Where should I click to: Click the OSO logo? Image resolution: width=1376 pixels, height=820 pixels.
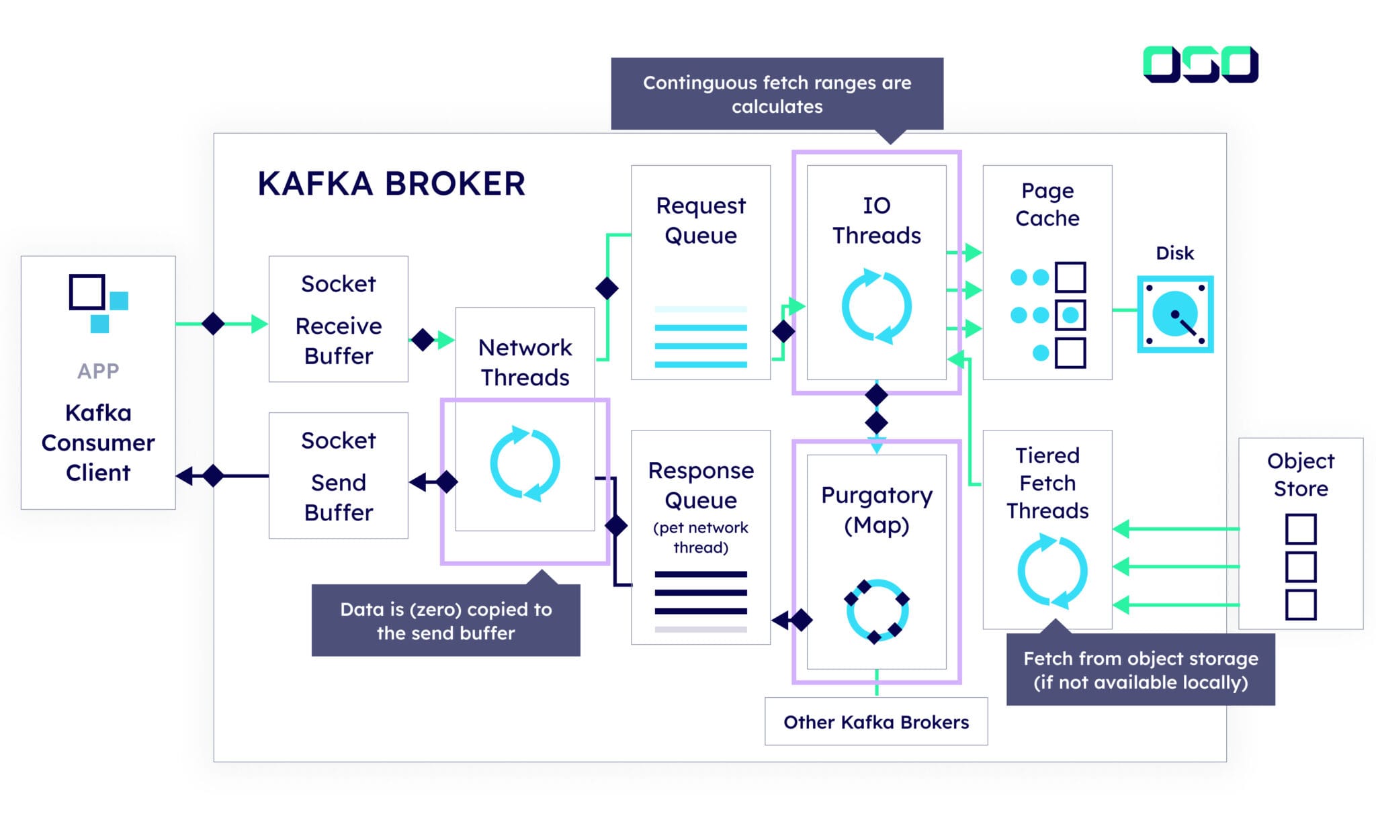click(1200, 64)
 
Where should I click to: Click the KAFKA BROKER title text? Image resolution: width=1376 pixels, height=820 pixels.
click(391, 184)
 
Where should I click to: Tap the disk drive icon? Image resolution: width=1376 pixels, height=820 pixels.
click(1174, 314)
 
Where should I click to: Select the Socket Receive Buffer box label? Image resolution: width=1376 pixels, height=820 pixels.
click(339, 320)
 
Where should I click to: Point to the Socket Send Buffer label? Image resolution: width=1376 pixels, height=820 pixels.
click(339, 476)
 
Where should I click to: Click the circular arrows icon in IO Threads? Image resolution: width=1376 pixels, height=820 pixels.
click(876, 306)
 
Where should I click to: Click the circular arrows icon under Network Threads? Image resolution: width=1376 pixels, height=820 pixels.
click(525, 463)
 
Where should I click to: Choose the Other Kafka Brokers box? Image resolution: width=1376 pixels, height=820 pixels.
click(875, 722)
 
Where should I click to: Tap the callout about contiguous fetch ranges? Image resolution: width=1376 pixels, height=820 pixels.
click(777, 94)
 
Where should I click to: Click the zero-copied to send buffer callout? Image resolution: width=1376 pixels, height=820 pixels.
click(445, 621)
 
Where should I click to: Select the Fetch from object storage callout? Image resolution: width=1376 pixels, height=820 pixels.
click(1140, 670)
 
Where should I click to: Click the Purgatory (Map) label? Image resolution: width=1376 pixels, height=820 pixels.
click(876, 510)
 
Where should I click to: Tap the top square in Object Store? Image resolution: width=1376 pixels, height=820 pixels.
click(1300, 529)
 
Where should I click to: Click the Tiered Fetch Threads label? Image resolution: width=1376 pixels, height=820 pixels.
click(1047, 483)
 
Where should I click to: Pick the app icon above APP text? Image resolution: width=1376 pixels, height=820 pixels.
click(98, 303)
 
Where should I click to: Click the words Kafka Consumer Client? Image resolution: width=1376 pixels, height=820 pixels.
click(98, 443)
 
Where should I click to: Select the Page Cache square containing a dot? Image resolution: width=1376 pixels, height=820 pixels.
click(1070, 315)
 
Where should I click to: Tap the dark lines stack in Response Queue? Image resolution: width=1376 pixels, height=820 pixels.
click(700, 593)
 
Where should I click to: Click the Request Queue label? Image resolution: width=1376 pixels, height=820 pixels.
click(700, 220)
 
